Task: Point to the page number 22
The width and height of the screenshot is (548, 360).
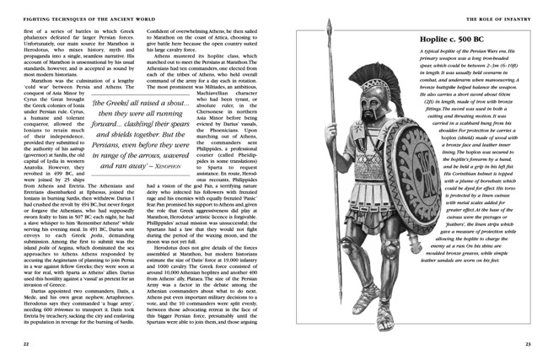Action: pos(26,341)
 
